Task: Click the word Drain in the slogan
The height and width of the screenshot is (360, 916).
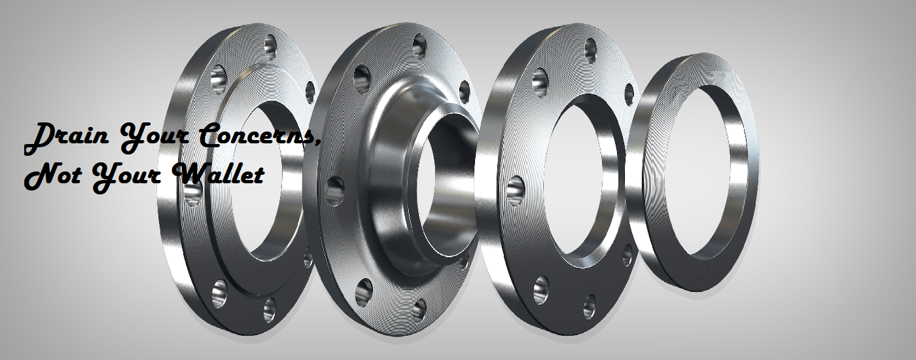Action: coord(67,139)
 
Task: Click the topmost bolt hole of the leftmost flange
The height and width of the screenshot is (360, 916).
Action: coord(271,45)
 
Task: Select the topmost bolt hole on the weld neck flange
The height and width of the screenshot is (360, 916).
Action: coord(419,45)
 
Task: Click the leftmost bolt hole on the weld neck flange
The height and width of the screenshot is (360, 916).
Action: coord(335,191)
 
